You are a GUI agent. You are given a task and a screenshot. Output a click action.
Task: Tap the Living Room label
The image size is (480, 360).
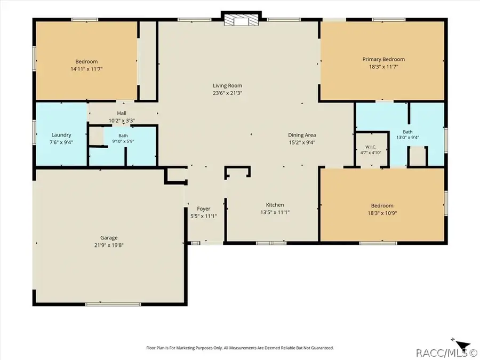227,86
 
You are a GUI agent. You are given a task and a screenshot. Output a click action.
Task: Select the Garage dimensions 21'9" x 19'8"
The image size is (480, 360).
109,245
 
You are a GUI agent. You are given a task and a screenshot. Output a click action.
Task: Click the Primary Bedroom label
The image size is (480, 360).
383,59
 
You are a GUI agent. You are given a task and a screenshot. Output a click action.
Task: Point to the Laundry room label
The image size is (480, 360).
61,135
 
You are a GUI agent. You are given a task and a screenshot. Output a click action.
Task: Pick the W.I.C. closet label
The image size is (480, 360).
371,147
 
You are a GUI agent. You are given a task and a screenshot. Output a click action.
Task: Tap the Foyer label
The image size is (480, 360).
204,209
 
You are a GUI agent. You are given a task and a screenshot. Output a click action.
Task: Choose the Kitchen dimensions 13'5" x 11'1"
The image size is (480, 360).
275,212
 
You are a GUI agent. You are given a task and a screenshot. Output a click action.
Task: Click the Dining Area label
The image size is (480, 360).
302,135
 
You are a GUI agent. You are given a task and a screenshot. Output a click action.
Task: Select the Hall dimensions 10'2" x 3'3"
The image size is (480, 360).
122,121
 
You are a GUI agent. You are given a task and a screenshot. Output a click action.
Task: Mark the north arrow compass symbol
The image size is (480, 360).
462,344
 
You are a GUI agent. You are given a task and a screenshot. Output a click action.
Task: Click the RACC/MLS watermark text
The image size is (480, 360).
447,353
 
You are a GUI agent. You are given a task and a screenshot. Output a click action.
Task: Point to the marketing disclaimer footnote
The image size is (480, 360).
240,348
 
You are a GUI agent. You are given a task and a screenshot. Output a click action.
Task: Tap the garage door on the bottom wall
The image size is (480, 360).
113,305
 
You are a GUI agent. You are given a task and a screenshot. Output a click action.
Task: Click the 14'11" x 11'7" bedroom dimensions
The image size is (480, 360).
86,69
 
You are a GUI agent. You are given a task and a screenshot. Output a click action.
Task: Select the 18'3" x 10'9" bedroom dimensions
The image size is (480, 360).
382,213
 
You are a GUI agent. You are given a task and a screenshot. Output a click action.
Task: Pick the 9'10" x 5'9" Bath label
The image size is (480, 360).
123,138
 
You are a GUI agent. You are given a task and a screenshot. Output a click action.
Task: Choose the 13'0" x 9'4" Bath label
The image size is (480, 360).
408,135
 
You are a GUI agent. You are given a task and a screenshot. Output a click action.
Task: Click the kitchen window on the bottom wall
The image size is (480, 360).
271,243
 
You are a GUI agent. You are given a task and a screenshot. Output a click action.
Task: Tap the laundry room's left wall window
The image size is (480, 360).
34,132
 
